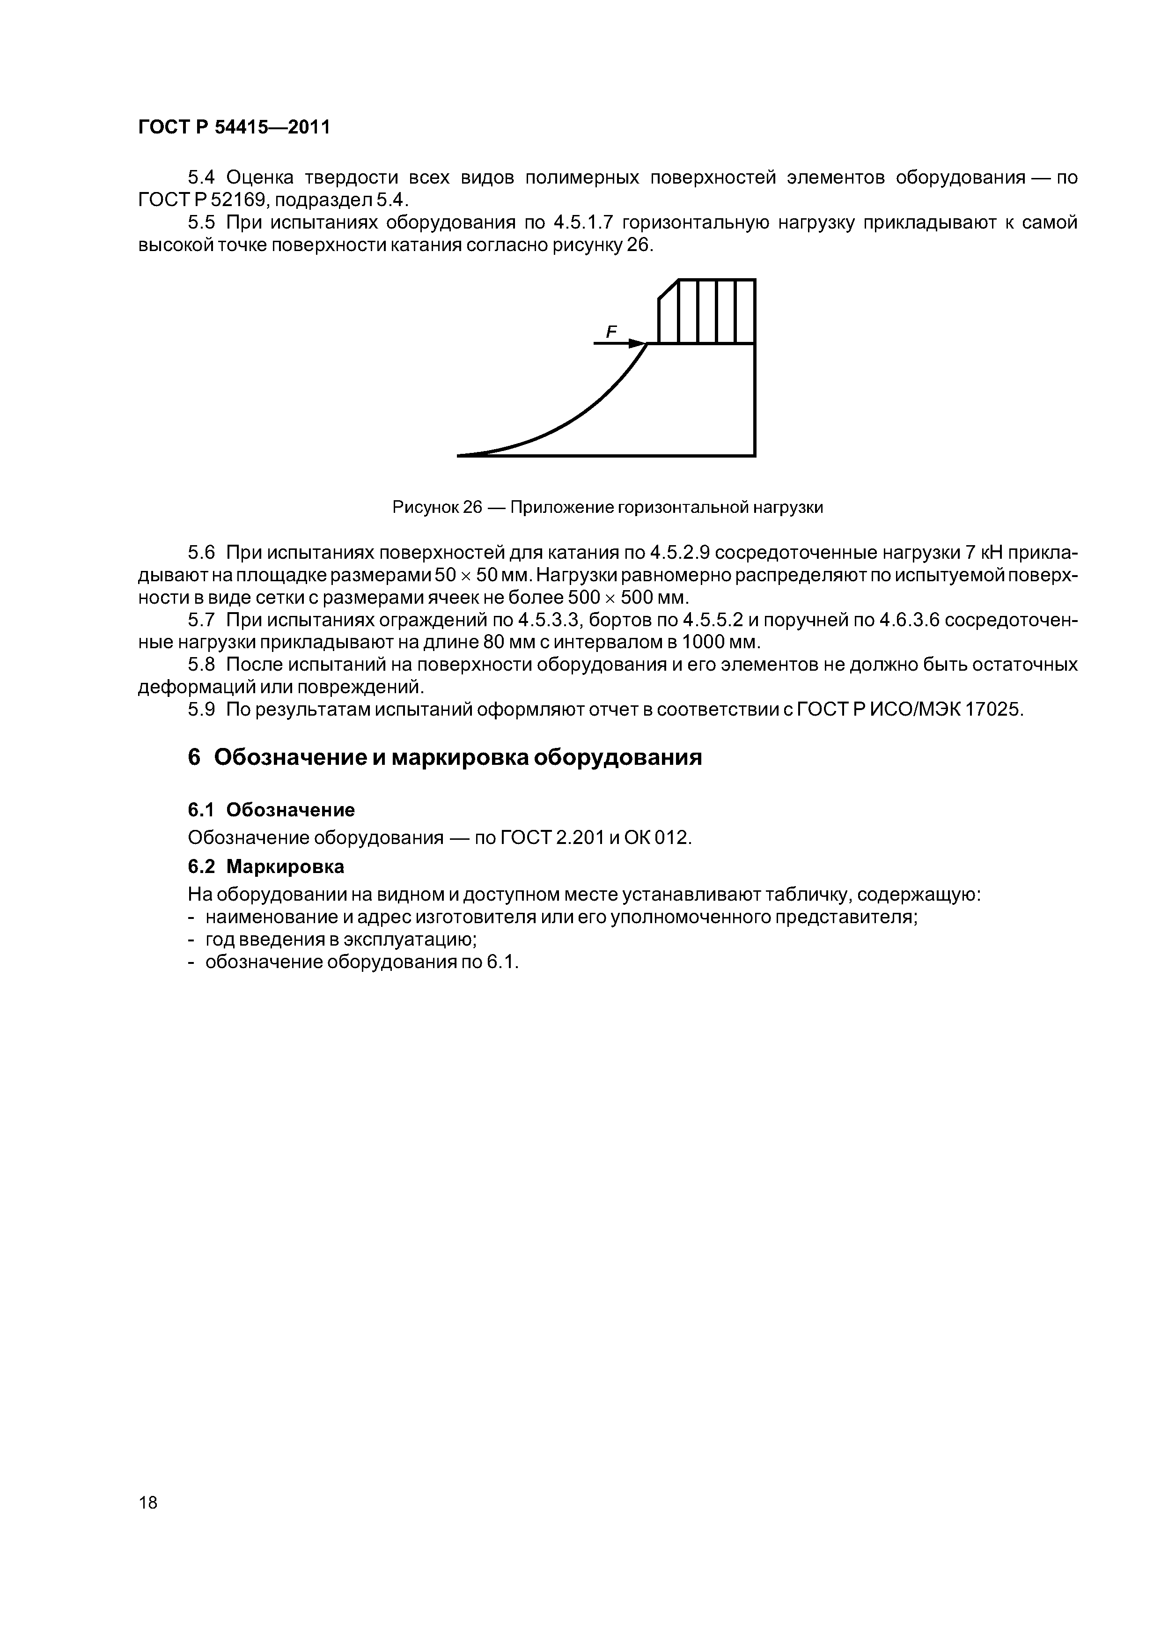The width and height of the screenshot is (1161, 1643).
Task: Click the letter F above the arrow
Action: tap(611, 331)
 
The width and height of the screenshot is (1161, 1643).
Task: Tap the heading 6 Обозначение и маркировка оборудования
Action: tap(444, 757)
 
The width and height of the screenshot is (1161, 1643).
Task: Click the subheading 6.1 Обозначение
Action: tap(271, 810)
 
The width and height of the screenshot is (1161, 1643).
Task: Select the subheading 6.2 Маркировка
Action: tap(266, 866)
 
